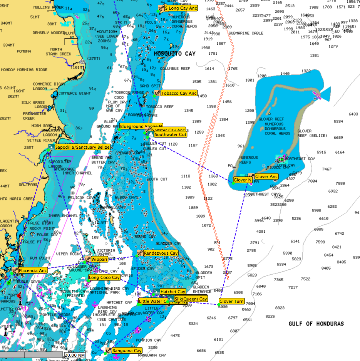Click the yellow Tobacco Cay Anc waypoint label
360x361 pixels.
coord(179,93)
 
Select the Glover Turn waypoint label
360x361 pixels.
coord(231,301)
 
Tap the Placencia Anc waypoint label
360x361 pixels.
coord(33,270)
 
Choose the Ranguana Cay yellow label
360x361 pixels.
coord(127,351)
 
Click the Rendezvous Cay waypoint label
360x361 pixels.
coord(161,253)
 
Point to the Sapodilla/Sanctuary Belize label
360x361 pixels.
coord(82,147)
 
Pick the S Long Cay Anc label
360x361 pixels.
coord(181,8)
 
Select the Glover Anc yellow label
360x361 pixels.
coord(266,176)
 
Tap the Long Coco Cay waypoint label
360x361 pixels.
coord(104,277)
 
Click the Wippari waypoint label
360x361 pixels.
coord(99,260)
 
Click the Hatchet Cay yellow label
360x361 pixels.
coord(173,292)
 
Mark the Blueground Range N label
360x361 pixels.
coord(141,126)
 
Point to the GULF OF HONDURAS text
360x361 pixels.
coord(316,324)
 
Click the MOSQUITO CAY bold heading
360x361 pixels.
coord(174,54)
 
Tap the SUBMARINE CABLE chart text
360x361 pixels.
coord(246,33)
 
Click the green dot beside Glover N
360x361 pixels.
coord(233,183)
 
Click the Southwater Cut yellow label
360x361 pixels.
coord(171,134)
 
